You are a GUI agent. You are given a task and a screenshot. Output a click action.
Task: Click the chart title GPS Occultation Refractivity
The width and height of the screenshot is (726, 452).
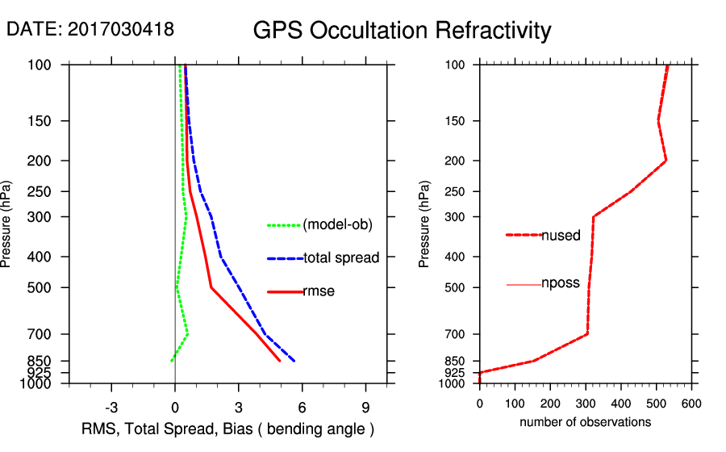point(402,31)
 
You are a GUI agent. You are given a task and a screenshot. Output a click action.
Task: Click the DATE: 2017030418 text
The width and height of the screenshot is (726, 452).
point(90,29)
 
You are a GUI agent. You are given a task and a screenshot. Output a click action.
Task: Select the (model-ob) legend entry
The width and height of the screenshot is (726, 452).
point(337,225)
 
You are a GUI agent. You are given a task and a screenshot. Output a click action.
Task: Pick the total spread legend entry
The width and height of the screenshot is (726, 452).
point(341,258)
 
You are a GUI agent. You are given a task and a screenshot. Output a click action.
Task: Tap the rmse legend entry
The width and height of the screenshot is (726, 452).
point(319,291)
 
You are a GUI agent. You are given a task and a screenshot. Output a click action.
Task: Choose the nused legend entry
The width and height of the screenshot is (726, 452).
point(561,235)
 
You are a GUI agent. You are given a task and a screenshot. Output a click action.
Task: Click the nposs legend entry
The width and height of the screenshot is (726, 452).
point(561,284)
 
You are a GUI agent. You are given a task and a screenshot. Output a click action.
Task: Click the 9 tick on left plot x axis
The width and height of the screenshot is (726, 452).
point(366,407)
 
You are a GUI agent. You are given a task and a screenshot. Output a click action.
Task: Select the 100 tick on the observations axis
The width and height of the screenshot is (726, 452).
point(515,403)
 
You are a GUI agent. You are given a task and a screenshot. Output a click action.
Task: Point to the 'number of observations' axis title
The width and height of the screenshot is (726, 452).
point(585,422)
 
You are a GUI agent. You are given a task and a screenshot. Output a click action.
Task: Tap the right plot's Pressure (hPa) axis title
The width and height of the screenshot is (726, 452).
point(424,224)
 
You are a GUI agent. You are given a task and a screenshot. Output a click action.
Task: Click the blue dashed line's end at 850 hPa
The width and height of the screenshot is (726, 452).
point(294,361)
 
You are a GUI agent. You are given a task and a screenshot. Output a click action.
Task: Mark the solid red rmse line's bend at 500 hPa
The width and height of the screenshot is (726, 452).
point(211,287)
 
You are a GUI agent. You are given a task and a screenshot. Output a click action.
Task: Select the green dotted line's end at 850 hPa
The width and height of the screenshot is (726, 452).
point(171,361)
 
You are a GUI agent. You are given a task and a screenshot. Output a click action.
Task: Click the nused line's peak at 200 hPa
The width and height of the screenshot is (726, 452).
point(665,161)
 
